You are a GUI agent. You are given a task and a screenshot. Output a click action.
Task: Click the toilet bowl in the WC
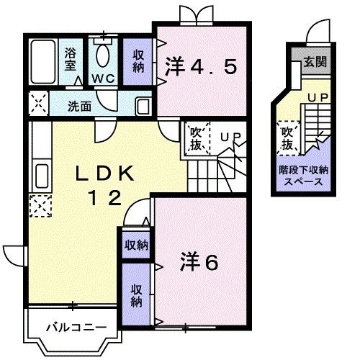(103, 55)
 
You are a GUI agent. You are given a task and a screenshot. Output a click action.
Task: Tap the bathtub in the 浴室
(43, 62)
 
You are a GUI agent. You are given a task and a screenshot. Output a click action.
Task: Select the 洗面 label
(79, 106)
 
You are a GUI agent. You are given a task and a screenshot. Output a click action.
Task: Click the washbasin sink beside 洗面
(143, 106)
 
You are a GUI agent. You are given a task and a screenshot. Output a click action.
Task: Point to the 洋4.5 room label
(201, 66)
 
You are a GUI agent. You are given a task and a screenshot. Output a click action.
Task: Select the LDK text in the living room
(105, 174)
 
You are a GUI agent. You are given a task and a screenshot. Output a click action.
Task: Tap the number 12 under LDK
(105, 197)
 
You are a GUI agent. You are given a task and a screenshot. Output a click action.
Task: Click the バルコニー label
(76, 327)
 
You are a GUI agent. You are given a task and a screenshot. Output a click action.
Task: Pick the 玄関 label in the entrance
(315, 62)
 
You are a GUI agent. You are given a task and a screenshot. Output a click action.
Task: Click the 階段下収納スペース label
(303, 176)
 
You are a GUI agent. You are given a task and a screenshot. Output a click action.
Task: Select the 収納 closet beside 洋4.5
(138, 61)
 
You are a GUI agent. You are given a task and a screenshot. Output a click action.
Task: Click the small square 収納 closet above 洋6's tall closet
(136, 244)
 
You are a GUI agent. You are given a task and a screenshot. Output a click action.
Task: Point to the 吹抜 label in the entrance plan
(287, 138)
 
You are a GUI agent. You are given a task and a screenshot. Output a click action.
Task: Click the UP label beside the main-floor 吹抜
(230, 137)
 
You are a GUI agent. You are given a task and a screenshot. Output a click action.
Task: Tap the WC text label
(103, 78)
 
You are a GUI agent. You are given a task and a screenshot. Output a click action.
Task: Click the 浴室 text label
(71, 59)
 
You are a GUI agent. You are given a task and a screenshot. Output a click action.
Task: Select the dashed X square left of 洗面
(38, 104)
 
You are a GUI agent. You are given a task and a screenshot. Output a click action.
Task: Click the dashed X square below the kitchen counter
(40, 206)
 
